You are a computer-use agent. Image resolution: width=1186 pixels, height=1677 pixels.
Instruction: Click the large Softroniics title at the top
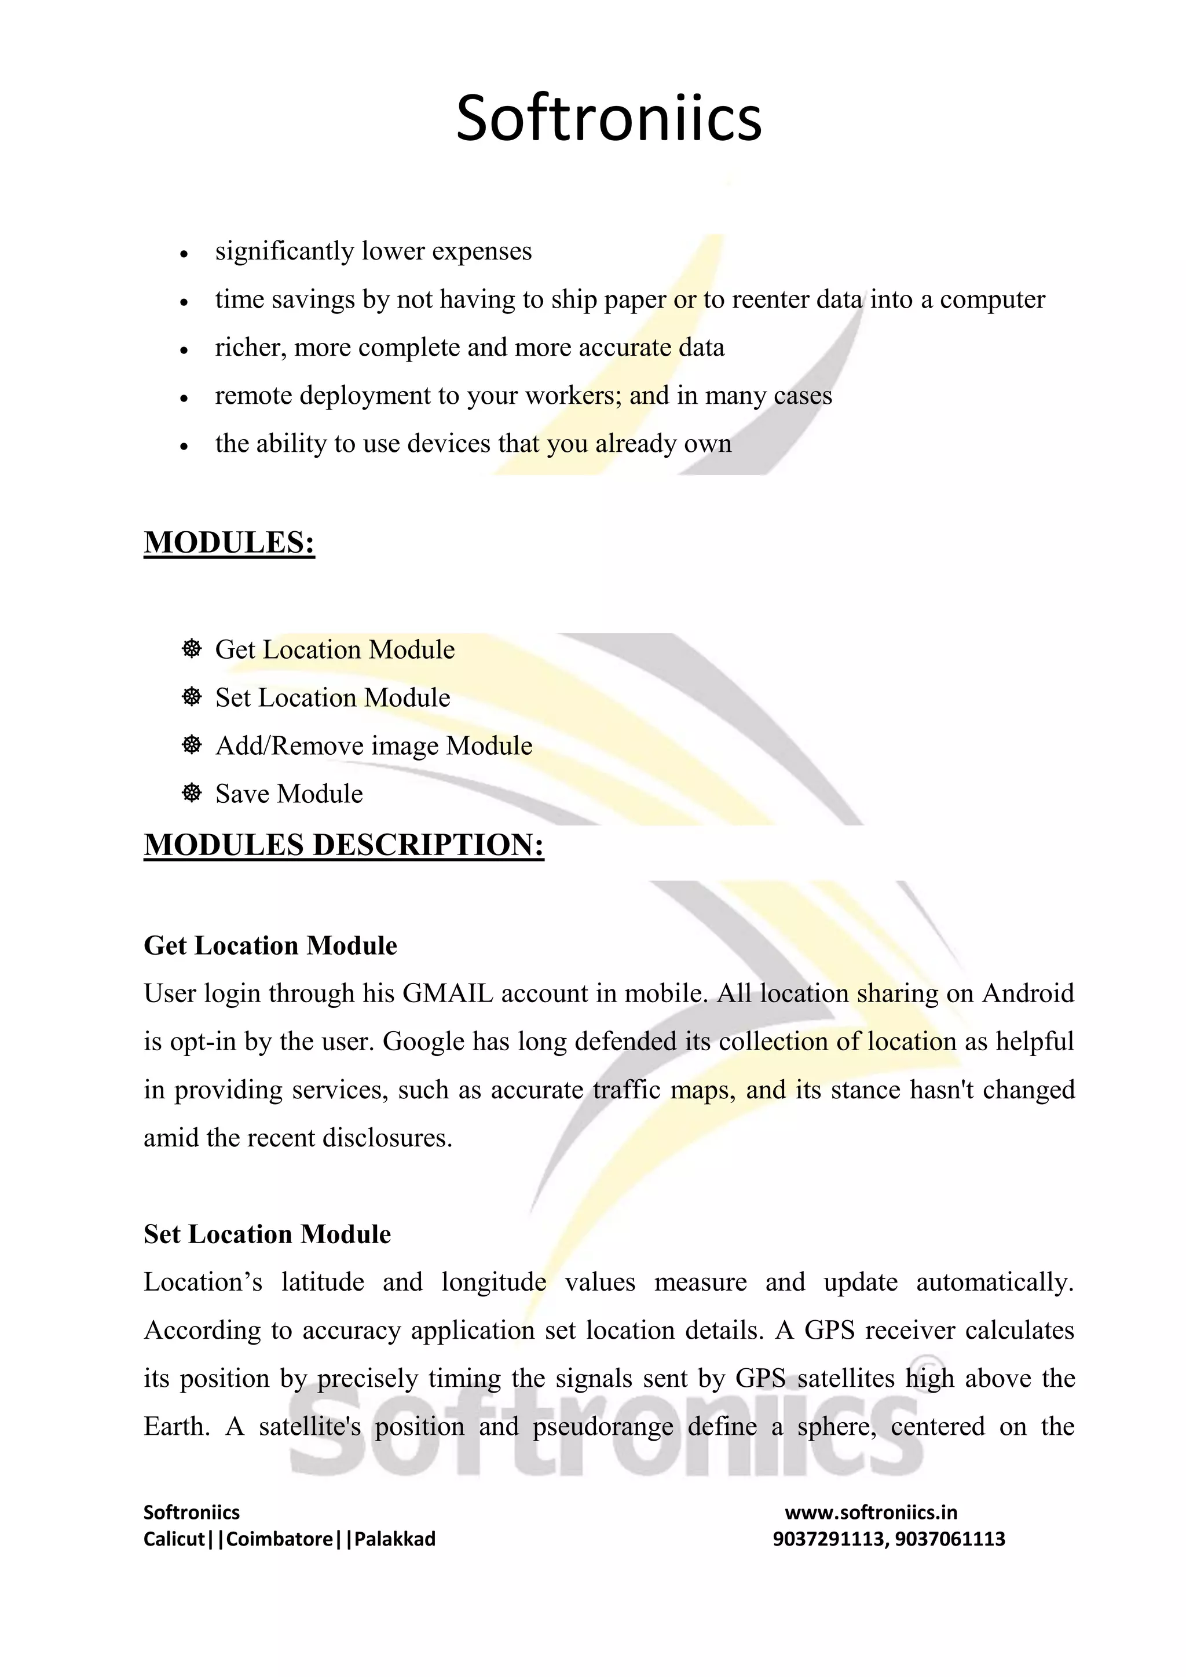608,118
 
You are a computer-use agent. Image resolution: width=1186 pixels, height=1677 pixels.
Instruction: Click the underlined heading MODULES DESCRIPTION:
343,845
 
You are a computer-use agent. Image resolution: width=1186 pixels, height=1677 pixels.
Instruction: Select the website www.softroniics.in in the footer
870,1512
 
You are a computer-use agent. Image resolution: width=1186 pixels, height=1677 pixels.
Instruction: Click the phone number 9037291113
828,1539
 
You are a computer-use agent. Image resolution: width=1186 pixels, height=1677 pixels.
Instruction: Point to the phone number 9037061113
950,1539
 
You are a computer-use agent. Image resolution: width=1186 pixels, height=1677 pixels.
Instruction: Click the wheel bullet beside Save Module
191,792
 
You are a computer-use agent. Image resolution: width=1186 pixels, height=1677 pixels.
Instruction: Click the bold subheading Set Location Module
268,1234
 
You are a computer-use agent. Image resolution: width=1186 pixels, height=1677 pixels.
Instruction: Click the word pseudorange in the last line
602,1427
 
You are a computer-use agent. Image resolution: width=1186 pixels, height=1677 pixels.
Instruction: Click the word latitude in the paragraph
323,1283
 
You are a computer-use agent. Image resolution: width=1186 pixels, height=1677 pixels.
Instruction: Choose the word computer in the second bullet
992,299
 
